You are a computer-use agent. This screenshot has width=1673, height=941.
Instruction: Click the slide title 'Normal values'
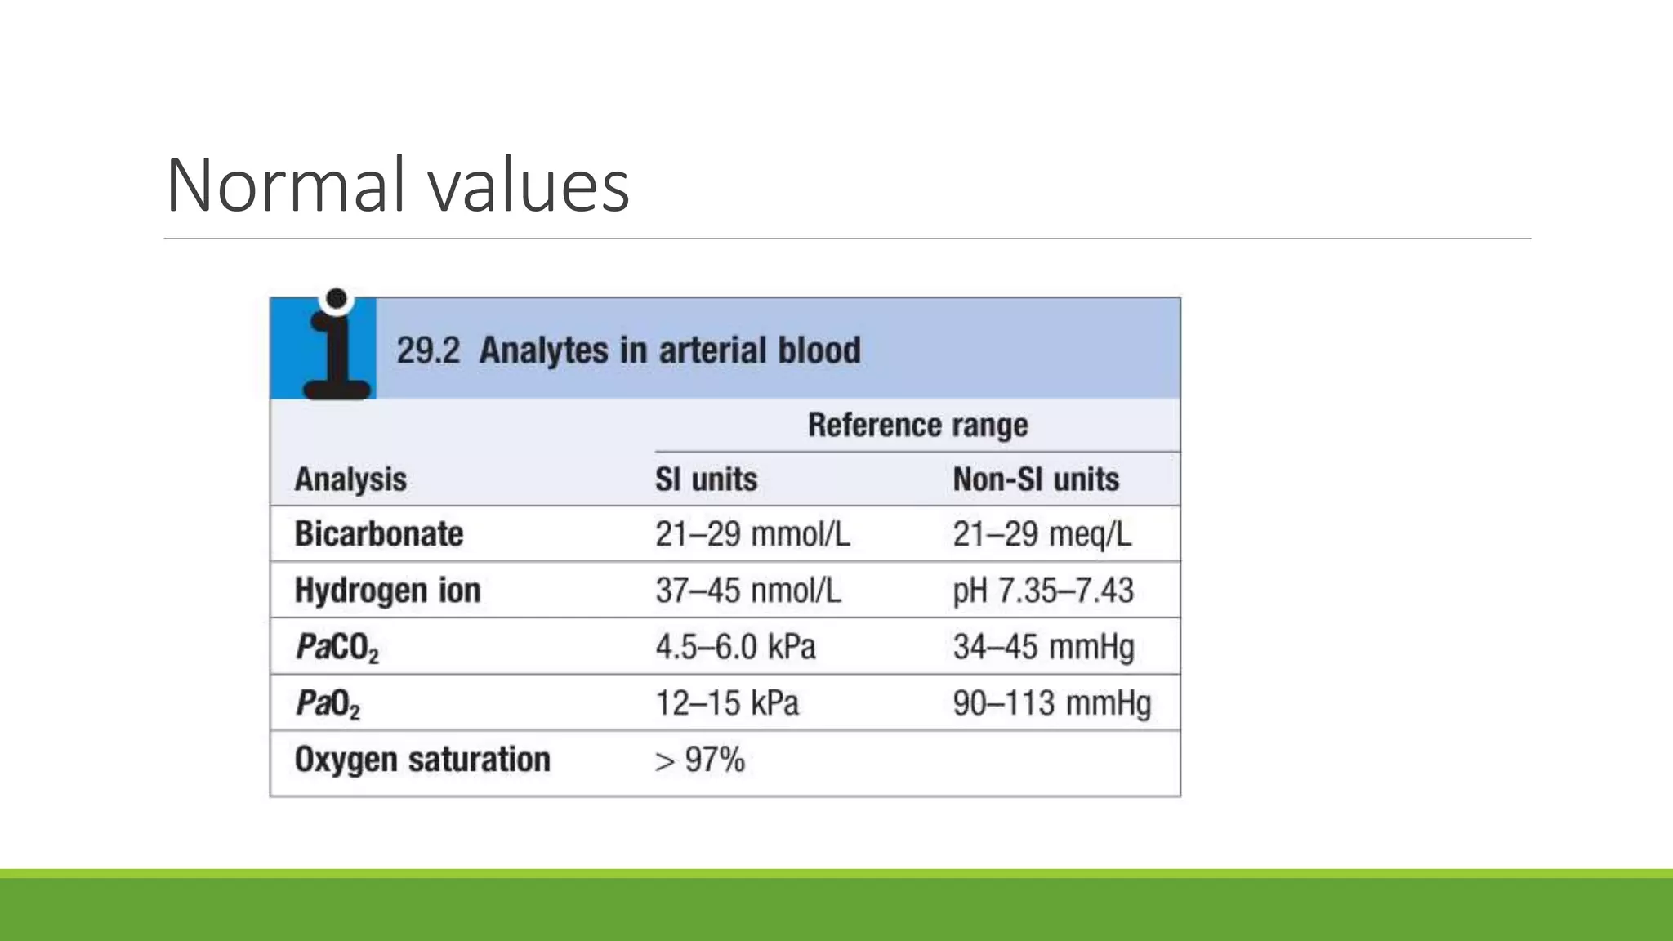397,185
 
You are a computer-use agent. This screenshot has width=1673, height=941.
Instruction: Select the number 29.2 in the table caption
427,350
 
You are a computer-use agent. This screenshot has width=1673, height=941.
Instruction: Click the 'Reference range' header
917,426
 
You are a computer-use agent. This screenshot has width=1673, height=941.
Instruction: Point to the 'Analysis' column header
350,479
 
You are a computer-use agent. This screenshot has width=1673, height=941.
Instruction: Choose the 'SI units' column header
706,479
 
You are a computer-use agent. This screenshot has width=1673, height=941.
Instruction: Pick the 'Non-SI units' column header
1036,479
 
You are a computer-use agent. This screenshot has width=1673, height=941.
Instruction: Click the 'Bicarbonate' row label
379,534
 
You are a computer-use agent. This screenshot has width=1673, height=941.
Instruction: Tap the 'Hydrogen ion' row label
387,591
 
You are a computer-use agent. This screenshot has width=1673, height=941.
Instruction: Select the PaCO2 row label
337,648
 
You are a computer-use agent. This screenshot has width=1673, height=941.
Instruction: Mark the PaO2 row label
328,704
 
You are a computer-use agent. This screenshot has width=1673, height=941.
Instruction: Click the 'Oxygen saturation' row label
422,760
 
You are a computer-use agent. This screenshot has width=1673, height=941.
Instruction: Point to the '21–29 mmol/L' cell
752,534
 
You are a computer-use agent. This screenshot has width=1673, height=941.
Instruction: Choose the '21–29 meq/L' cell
1042,534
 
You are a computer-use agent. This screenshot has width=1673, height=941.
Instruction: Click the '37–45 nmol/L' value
747,591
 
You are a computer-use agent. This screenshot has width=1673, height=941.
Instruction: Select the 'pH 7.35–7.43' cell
1043,591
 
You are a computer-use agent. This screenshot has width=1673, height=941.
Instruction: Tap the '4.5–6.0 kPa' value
735,647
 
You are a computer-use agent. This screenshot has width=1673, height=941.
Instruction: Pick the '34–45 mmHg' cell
1043,647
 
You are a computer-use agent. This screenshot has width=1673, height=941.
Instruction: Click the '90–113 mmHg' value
1051,703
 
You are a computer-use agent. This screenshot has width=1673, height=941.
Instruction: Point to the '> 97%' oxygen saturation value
700,760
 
